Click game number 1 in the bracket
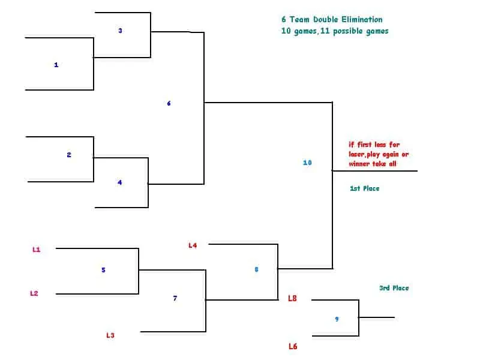coord(56,65)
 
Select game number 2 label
coord(69,155)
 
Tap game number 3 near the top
coord(121,31)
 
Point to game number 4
coord(119,182)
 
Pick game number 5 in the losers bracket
coord(103,270)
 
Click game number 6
coord(169,103)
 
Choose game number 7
coord(175,298)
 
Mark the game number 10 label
coord(307,163)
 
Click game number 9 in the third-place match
coord(337,319)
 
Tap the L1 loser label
coord(37,250)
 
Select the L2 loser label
coord(34,293)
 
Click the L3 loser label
coord(110,335)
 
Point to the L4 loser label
coord(193,245)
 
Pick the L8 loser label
coord(292,298)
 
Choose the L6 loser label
coord(293,346)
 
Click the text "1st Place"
coord(365,188)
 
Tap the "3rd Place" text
coord(394,288)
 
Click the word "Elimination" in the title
coord(362,20)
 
